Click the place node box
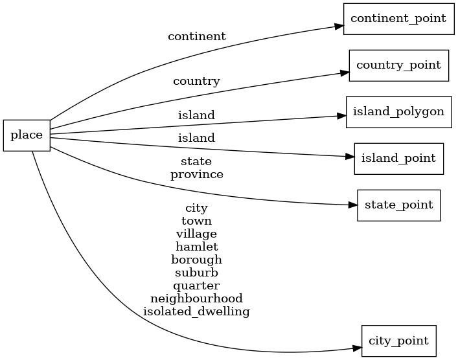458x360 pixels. point(27,135)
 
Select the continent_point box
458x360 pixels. point(398,18)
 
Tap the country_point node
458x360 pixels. point(398,65)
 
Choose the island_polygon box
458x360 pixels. point(398,111)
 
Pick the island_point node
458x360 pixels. point(398,158)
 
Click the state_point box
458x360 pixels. point(398,205)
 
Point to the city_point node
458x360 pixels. point(398,341)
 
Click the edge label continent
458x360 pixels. point(196,37)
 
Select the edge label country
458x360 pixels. point(196,82)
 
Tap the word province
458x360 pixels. point(196,175)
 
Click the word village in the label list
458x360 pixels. point(196,234)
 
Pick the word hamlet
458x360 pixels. point(196,247)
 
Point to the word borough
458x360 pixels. point(196,260)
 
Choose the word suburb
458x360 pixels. point(196,273)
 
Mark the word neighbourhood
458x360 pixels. point(196,298)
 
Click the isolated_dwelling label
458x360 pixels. point(196,311)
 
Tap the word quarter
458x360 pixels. point(196,286)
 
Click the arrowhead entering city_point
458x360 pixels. point(356,348)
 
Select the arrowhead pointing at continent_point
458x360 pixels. point(338,27)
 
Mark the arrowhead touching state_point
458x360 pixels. point(352,205)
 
